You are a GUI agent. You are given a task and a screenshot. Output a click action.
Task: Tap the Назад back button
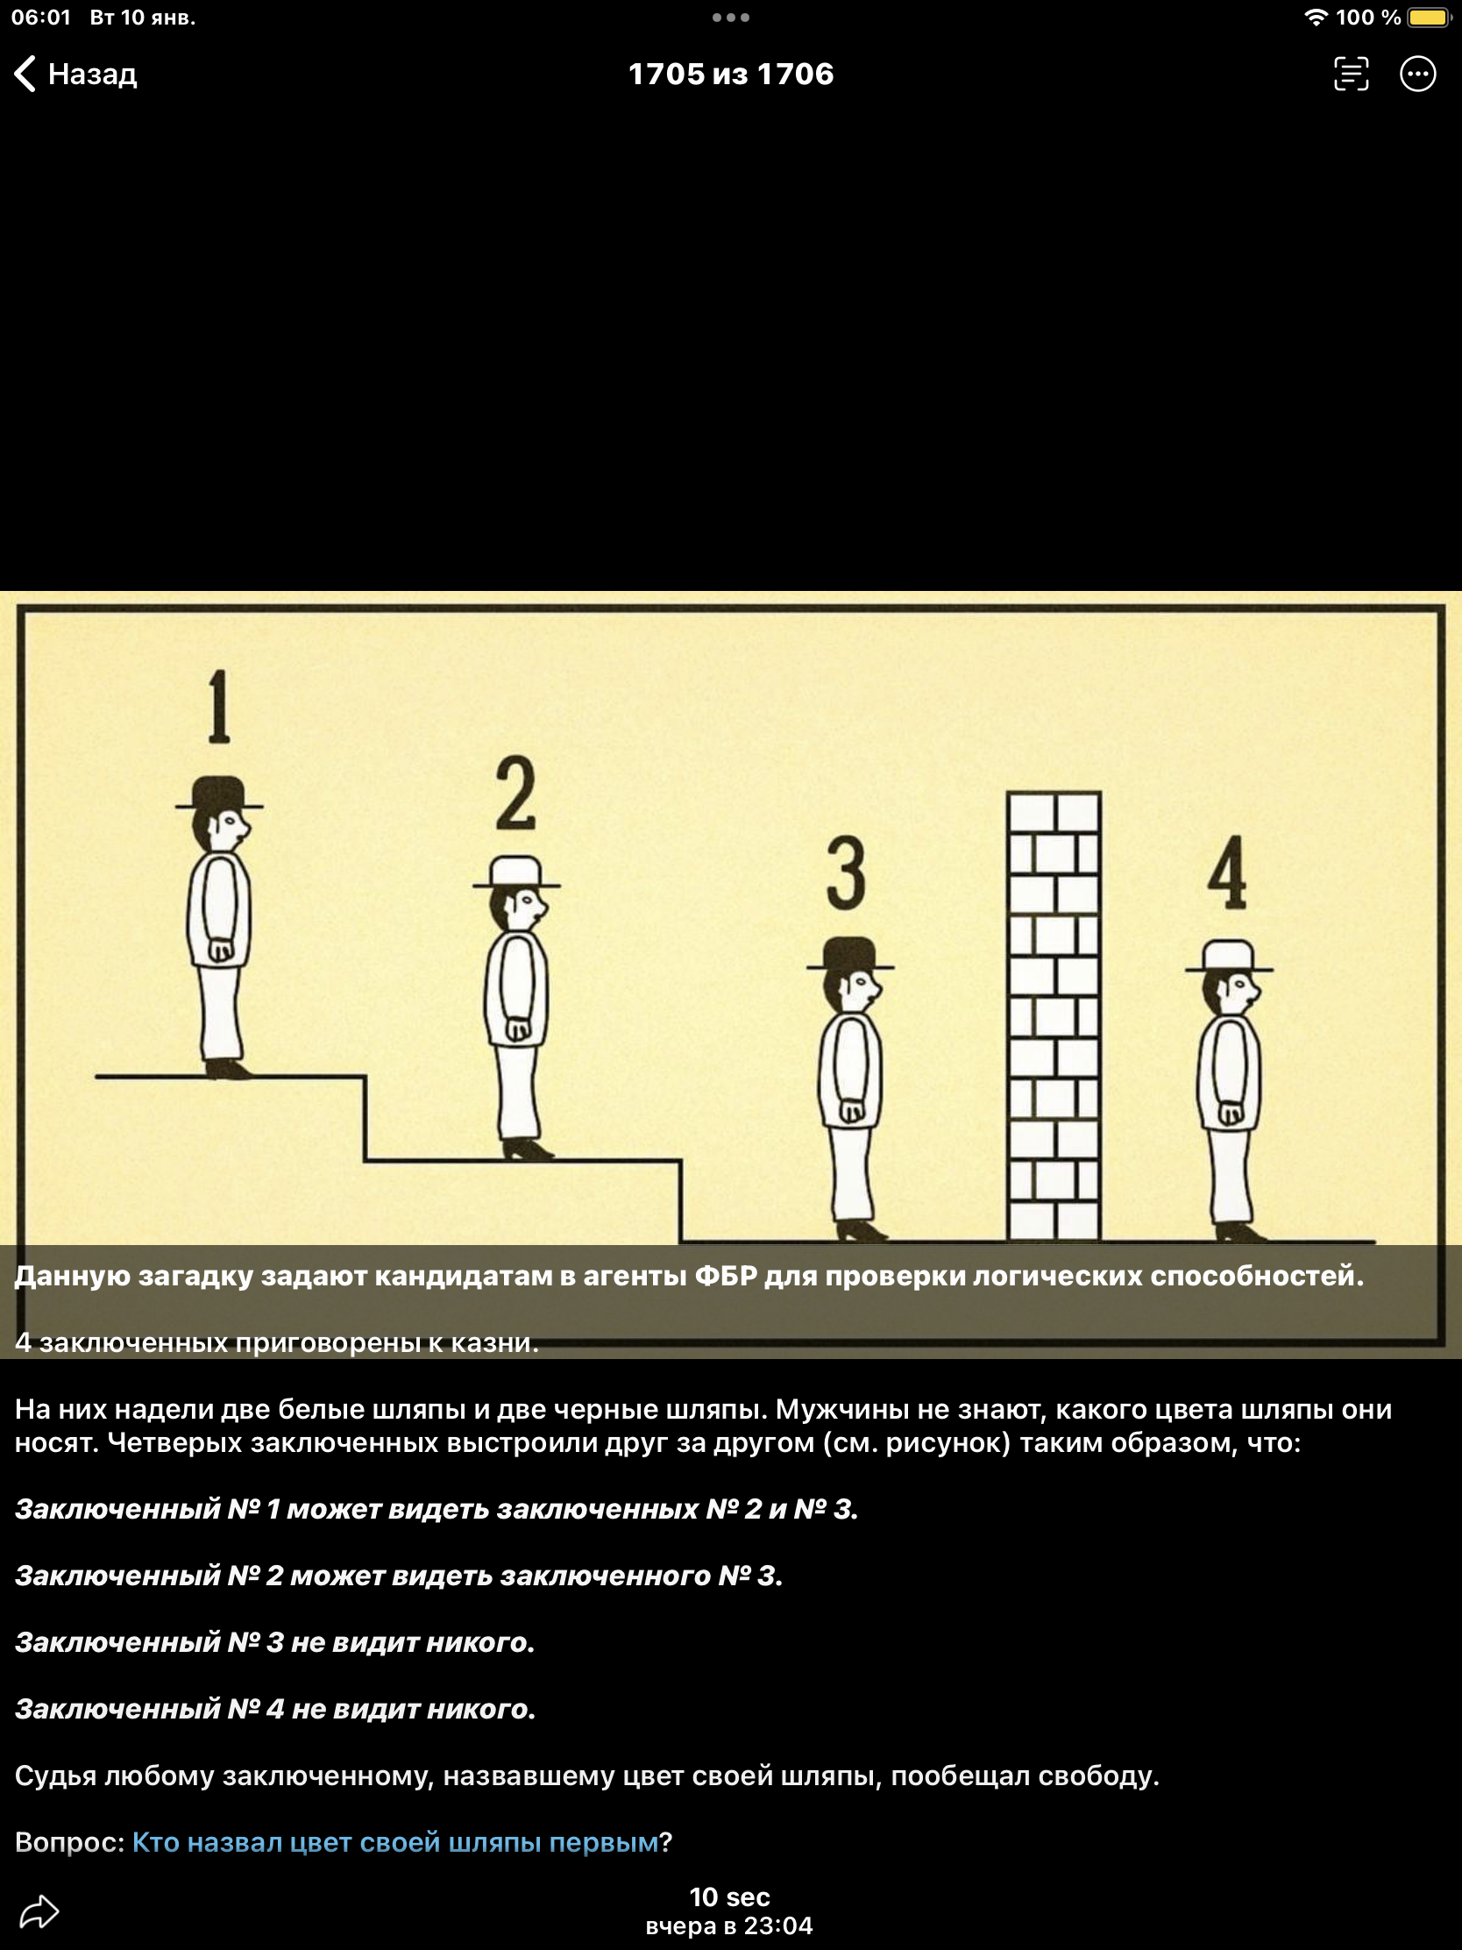pyautogui.click(x=75, y=74)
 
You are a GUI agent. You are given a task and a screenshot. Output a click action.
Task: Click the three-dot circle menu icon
pyautogui.click(x=1417, y=74)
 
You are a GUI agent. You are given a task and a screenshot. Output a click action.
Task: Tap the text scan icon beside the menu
pyautogui.click(x=1351, y=74)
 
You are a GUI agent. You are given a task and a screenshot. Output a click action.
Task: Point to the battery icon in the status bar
pyautogui.click(x=1429, y=18)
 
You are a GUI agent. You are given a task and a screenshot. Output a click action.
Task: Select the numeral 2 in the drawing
pyautogui.click(x=515, y=793)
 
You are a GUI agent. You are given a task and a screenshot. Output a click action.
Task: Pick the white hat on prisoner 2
pyautogui.click(x=516, y=872)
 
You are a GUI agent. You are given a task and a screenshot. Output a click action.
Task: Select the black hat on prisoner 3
pyautogui.click(x=850, y=953)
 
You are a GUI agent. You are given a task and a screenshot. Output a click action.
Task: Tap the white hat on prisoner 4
pyautogui.click(x=1230, y=956)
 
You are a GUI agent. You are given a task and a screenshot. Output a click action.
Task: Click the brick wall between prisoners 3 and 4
pyautogui.click(x=1054, y=1015)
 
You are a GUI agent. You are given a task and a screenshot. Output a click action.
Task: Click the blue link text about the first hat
pyautogui.click(x=394, y=1842)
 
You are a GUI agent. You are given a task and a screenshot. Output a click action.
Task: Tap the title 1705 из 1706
pyautogui.click(x=730, y=74)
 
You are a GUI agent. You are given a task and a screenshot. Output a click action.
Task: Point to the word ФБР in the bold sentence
pyautogui.click(x=726, y=1276)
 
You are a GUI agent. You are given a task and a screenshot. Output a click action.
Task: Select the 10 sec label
pyautogui.click(x=729, y=1897)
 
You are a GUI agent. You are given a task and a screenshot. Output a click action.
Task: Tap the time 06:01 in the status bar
pyautogui.click(x=40, y=18)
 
